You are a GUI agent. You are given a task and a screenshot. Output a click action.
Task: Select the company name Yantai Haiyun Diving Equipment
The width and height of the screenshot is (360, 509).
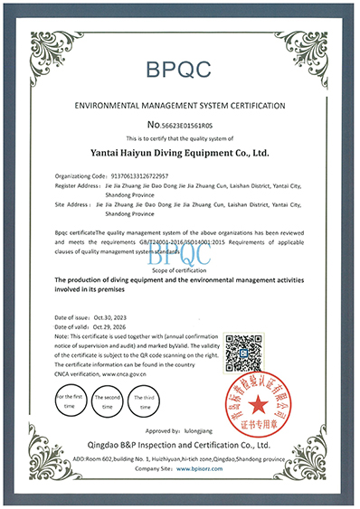[x=179, y=154]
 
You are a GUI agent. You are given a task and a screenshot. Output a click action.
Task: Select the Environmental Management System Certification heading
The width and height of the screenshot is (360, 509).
[x=179, y=105]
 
